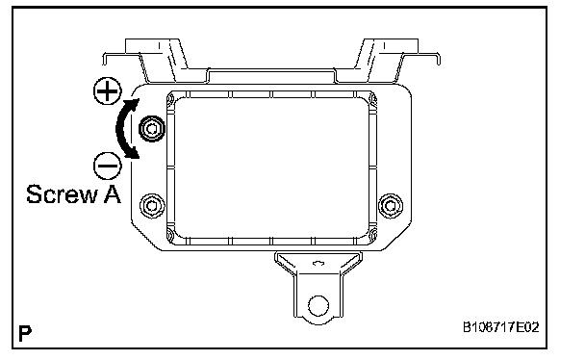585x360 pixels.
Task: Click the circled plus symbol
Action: (108, 91)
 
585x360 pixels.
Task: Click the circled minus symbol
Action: (108, 166)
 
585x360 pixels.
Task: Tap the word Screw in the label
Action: (62, 194)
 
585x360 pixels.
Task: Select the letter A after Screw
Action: (113, 194)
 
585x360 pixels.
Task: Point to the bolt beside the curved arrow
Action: (152, 129)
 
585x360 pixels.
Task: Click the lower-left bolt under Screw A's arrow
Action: (152, 206)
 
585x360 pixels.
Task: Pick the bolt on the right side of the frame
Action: (391, 206)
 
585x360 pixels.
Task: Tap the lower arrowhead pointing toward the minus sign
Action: (133, 153)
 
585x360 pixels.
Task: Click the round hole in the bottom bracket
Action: (318, 305)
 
